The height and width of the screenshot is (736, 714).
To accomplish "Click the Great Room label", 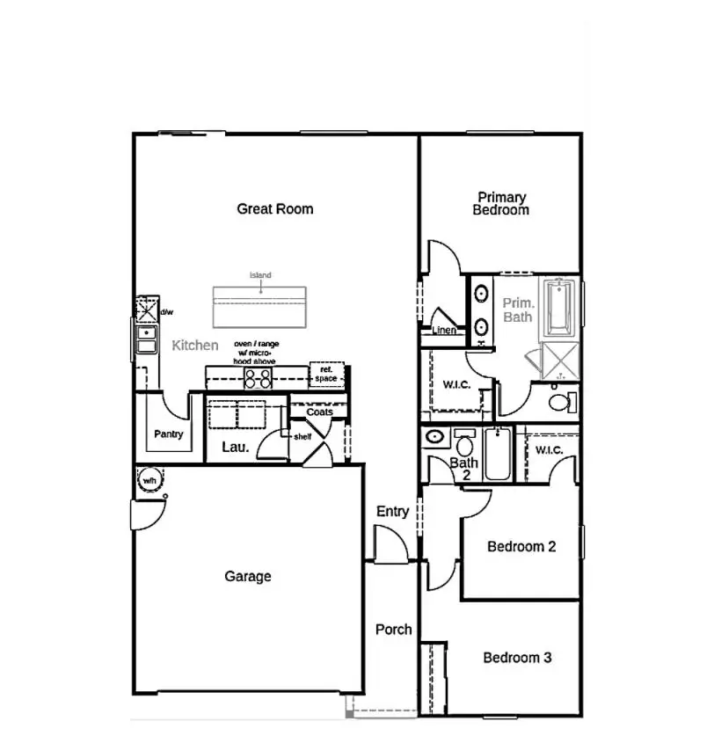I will [x=275, y=209].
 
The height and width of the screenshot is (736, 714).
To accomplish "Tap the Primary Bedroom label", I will [x=501, y=204].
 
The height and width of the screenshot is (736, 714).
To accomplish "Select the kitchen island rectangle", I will [x=260, y=306].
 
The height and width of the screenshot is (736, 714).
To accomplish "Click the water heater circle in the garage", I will [x=149, y=481].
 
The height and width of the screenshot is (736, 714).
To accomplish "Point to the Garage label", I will [x=248, y=577].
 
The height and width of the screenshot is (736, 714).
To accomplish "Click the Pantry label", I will [x=168, y=434].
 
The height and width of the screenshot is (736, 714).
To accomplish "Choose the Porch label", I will [x=394, y=630].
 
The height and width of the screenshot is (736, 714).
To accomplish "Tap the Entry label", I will [x=392, y=512].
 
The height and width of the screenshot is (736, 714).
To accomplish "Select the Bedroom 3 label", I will [x=518, y=658].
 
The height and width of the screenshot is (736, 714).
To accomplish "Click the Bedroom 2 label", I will [x=521, y=547].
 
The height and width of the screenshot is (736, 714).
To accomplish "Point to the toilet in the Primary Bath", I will [x=560, y=403].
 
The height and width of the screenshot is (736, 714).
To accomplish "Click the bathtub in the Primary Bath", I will [x=559, y=308].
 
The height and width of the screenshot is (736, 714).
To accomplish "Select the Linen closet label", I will [x=445, y=332].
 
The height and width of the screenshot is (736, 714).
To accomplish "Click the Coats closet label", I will [x=319, y=412].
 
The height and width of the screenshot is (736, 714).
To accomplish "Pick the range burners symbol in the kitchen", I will [x=258, y=378].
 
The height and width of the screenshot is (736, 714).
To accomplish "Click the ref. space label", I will [x=326, y=375].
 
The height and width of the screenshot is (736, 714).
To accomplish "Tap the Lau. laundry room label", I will [x=236, y=448].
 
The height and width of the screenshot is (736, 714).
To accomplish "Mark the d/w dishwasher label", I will [x=167, y=312].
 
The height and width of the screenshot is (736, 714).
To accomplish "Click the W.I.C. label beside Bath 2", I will [x=550, y=450].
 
